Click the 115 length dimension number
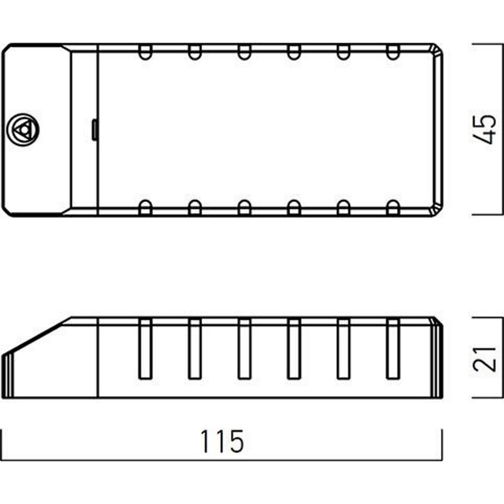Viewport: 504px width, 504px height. (x=222, y=442)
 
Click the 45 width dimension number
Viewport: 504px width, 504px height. (x=485, y=129)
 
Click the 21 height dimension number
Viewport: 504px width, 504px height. (x=485, y=358)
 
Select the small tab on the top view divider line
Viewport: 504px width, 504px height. (x=95, y=130)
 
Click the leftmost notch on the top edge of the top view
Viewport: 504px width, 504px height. (x=145, y=52)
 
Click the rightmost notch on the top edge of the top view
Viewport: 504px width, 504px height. (x=393, y=52)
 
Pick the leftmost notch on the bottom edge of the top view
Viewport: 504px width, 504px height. (x=145, y=207)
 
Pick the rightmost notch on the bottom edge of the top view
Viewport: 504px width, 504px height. (x=393, y=207)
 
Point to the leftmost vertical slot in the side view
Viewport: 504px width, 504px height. (x=145, y=349)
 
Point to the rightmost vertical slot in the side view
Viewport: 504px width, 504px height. (x=393, y=349)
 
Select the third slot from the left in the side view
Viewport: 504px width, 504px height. (x=244, y=349)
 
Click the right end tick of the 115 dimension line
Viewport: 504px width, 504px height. (x=443, y=445)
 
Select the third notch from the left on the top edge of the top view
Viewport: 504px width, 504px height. (x=244, y=52)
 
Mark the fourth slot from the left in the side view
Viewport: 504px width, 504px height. (x=294, y=349)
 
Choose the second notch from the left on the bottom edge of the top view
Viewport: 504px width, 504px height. (x=195, y=207)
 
